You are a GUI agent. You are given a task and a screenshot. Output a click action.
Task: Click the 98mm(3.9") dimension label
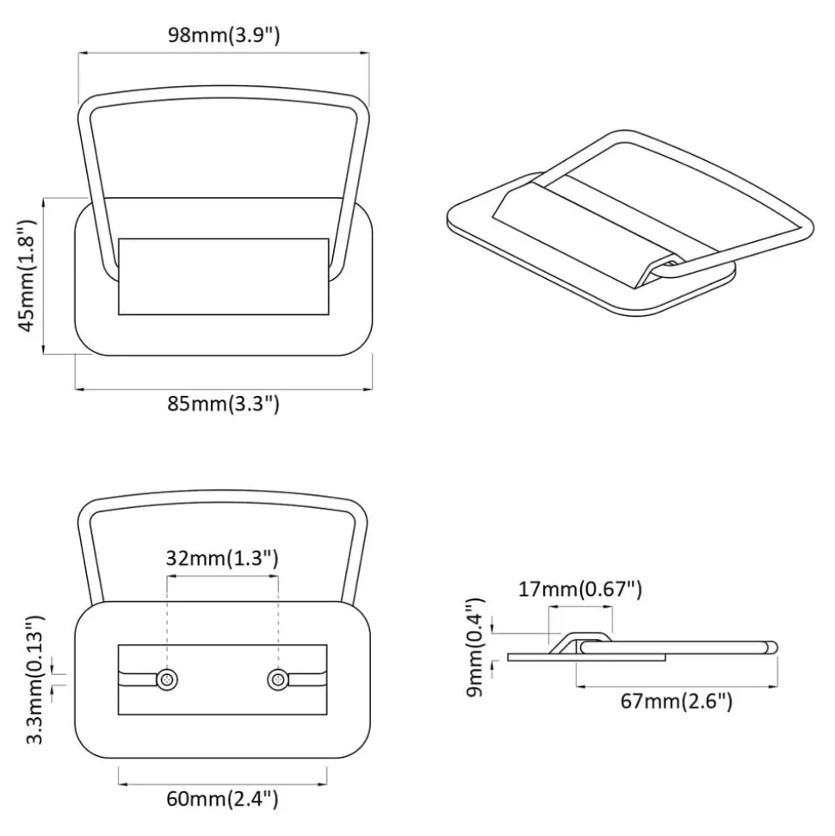(x=224, y=35)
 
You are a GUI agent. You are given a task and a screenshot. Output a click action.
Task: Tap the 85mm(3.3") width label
(x=224, y=404)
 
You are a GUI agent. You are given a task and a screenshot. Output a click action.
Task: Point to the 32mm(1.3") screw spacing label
(x=222, y=558)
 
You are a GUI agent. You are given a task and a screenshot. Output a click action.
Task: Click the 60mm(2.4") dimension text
(x=222, y=799)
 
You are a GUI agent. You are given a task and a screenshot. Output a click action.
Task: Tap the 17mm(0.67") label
(x=580, y=589)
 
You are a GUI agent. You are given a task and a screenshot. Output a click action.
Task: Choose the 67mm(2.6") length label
(x=677, y=701)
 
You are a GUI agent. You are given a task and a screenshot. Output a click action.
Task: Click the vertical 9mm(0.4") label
(x=474, y=647)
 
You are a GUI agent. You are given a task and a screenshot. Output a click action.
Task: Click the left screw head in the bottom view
(x=167, y=680)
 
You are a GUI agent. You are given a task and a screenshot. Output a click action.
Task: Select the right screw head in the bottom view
(x=278, y=680)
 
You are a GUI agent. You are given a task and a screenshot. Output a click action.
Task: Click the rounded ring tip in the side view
(x=772, y=647)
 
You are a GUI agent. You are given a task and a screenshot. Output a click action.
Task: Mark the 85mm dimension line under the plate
(x=224, y=389)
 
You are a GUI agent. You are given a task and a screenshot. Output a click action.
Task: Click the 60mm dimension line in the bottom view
(x=222, y=783)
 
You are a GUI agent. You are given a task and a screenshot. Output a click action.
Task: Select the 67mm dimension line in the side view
(x=677, y=687)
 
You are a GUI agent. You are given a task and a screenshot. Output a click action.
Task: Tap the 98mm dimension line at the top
(x=224, y=53)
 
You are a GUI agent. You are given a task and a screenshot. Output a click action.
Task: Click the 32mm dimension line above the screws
(x=222, y=576)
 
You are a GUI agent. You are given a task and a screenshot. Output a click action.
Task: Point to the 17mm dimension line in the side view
(x=580, y=606)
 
